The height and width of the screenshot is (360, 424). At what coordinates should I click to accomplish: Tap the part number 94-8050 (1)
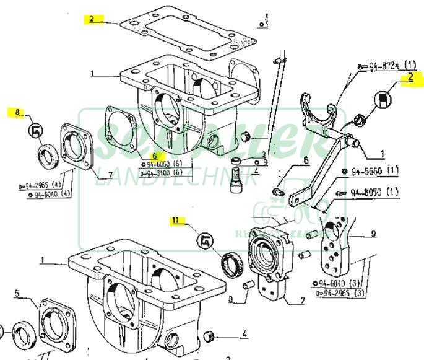(376, 193)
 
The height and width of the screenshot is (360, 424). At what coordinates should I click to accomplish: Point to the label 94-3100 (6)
(162, 173)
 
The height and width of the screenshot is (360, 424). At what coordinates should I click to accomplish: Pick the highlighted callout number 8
(19, 113)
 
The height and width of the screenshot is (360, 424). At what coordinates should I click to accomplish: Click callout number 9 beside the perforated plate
(373, 234)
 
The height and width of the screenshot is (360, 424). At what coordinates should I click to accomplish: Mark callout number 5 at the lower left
(18, 292)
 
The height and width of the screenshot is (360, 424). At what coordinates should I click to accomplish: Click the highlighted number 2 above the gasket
(91, 19)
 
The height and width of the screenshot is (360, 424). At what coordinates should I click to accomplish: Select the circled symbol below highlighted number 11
(205, 240)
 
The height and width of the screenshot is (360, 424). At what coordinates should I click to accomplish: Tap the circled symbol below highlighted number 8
(35, 131)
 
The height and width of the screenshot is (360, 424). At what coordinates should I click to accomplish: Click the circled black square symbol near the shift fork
(385, 99)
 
